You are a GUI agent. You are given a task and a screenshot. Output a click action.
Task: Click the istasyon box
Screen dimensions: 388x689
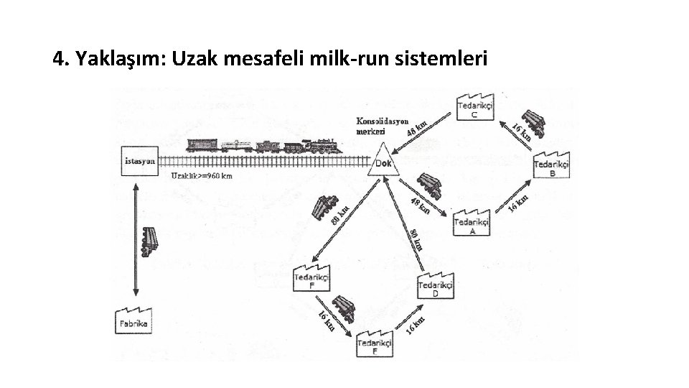coord(139,162)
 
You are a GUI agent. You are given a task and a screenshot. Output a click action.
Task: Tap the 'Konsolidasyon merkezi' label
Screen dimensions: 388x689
coord(382,126)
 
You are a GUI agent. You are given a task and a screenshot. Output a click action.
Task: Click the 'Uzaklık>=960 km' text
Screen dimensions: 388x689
coord(202,175)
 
